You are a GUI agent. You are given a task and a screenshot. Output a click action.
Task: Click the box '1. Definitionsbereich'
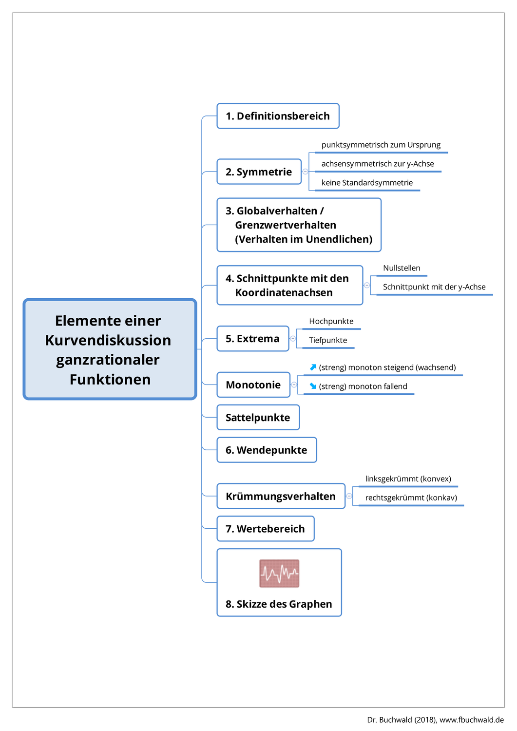[x=278, y=116]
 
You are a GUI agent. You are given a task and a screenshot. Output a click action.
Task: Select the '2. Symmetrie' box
[x=259, y=172]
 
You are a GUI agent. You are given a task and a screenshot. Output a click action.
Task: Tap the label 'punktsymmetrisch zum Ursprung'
[x=381, y=145]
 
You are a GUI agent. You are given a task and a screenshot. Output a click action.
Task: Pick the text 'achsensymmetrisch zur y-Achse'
[x=378, y=164]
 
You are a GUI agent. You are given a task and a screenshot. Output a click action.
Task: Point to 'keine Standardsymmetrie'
[x=367, y=183]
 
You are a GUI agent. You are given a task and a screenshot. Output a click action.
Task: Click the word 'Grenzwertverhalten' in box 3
[x=286, y=225]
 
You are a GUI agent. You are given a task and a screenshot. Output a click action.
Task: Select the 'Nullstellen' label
[x=402, y=268]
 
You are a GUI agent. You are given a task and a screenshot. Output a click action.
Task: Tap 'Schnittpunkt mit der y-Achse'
[x=434, y=287]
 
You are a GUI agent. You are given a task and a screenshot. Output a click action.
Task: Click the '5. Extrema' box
[x=252, y=339]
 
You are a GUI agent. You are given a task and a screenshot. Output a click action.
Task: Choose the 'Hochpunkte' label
[x=331, y=321]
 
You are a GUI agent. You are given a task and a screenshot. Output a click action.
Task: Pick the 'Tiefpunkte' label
[x=328, y=340]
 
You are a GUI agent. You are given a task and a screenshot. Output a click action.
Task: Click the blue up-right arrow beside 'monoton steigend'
[x=313, y=367]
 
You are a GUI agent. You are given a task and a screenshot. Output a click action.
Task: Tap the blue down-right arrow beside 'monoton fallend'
[x=313, y=386]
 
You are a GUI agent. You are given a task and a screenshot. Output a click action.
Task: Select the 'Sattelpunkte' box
[x=258, y=418]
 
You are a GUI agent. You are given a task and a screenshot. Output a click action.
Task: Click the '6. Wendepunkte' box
[x=267, y=450]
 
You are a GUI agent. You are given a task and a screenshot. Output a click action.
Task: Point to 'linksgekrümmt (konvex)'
[x=408, y=479]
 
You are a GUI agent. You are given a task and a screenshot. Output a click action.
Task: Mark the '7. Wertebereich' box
[x=265, y=529]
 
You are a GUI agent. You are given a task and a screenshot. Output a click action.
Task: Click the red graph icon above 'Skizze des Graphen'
[x=279, y=573]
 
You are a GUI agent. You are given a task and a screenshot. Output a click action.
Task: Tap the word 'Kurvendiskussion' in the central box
[x=108, y=340]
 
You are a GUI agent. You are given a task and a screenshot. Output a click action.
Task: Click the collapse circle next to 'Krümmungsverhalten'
[x=349, y=496]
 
